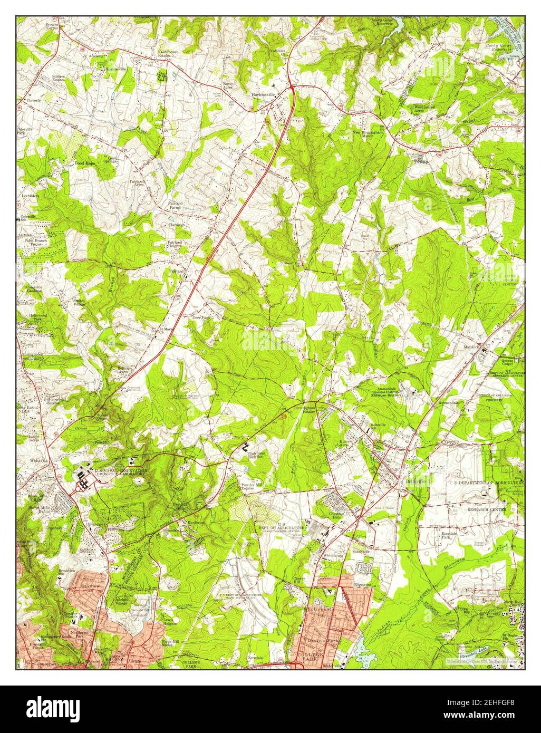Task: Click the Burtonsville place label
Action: tap(264, 95)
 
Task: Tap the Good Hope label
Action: tap(84, 164)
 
